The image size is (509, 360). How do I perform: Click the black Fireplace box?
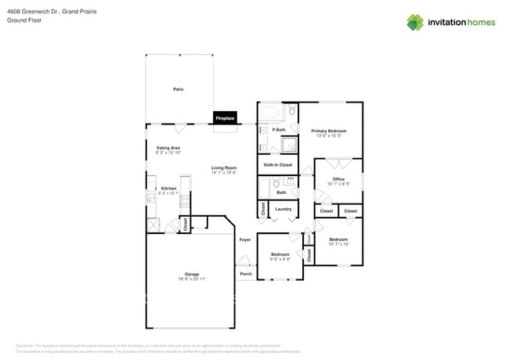tap(225, 117)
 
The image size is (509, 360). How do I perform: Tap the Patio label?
tap(178, 90)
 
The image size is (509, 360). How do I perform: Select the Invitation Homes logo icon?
tap(415, 22)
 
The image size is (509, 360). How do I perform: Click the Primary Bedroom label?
tap(328, 131)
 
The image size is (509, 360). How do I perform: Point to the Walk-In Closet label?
tap(277, 165)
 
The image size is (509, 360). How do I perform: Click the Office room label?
tap(338, 179)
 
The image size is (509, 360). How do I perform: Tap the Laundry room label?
tap(283, 209)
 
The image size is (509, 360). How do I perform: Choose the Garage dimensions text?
tap(191, 279)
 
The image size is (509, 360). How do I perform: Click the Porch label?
tap(246, 274)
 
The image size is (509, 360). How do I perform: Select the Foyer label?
tap(245, 239)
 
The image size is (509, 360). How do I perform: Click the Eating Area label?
tap(168, 148)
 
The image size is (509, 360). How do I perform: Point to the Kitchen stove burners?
tap(185, 200)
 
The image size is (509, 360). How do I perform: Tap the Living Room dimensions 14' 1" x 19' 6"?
tap(223, 173)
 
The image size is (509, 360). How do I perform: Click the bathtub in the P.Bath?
tap(269, 111)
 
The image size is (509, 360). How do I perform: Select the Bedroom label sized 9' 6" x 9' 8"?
tap(280, 254)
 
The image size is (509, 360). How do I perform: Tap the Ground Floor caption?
tap(23, 20)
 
